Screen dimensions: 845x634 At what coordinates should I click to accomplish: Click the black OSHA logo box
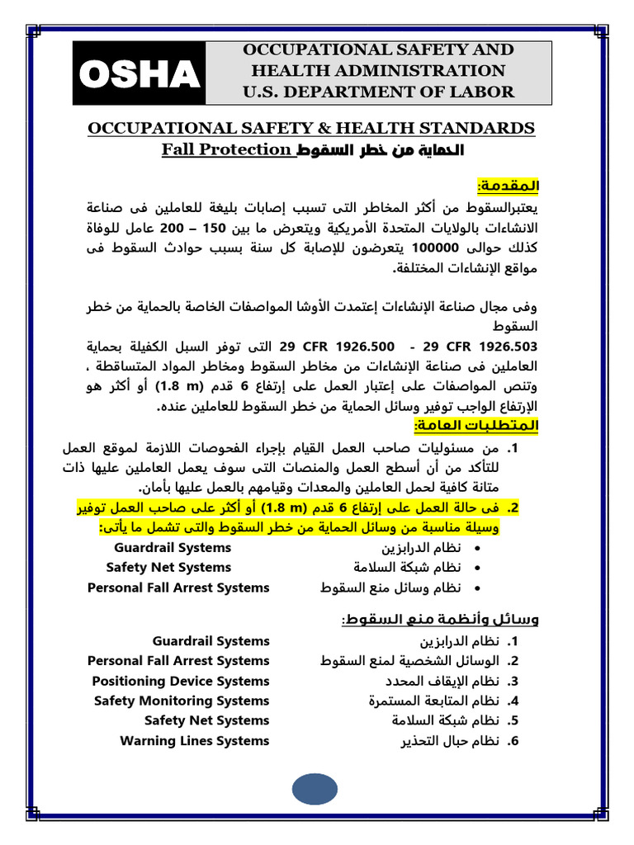(140, 74)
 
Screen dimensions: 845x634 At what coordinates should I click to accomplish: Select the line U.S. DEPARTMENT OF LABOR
(378, 92)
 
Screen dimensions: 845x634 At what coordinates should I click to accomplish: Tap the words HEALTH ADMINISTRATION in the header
(378, 71)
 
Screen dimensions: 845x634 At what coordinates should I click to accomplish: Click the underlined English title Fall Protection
(226, 149)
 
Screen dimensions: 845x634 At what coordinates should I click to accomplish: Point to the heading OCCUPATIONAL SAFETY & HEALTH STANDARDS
(311, 129)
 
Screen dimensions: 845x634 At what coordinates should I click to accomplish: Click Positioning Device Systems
(181, 682)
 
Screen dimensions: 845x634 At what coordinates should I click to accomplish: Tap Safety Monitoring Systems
(182, 701)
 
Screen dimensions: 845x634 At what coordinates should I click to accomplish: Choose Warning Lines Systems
(195, 741)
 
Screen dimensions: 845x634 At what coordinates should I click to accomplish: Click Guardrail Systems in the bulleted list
(173, 548)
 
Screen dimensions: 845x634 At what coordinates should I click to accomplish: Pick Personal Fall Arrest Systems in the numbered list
(178, 661)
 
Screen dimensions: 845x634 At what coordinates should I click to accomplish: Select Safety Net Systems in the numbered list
(207, 721)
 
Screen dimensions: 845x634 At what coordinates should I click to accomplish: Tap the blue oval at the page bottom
(326, 790)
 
